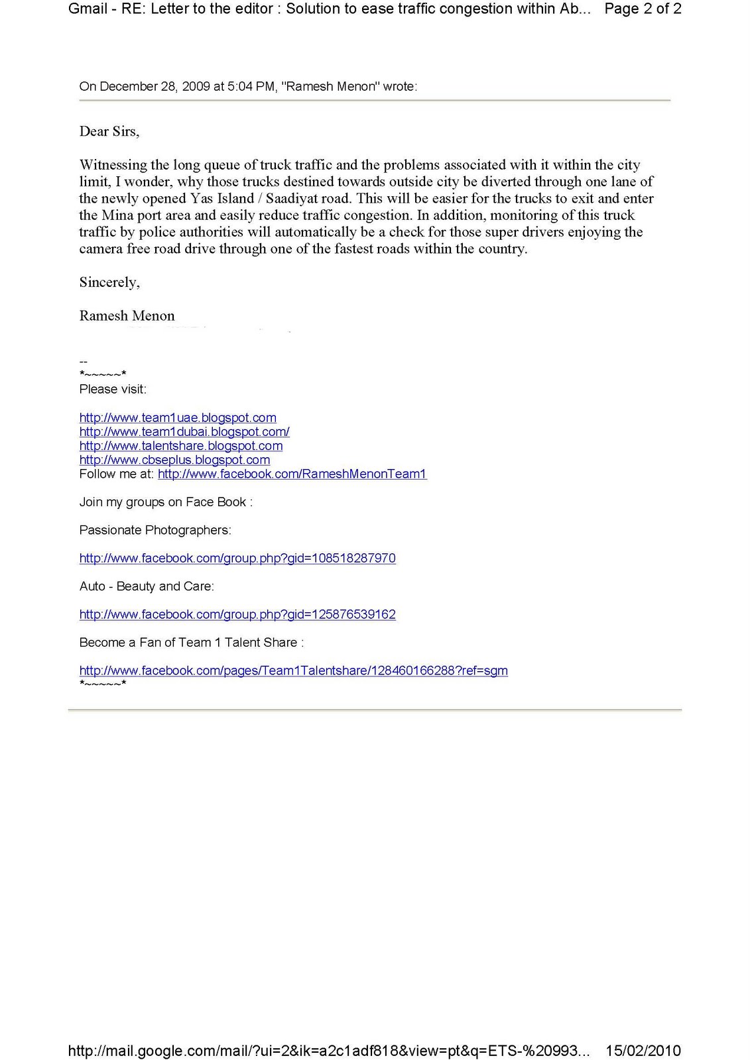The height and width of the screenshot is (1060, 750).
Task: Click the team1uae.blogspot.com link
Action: point(178,418)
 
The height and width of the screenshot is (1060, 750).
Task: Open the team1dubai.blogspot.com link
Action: point(184,432)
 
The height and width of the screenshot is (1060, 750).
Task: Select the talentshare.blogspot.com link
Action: point(181,446)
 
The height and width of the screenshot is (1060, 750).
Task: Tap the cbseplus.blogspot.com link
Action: point(174,460)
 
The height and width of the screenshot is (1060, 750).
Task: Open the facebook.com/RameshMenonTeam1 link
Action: point(292,474)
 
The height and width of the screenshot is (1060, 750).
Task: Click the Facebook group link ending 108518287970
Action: point(237,558)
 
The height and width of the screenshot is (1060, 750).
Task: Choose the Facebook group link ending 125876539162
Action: point(237,615)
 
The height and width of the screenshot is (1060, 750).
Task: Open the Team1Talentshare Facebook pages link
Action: point(293,670)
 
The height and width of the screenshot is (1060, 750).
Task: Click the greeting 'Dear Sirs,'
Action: point(109,132)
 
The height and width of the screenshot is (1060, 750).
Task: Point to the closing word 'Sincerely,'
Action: point(109,282)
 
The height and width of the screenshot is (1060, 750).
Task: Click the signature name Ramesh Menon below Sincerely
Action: point(127,316)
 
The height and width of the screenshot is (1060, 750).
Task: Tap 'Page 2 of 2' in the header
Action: point(643,9)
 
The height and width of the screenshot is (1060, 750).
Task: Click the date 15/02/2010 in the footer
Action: point(643,1050)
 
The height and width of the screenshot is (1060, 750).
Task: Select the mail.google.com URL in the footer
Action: point(328,1050)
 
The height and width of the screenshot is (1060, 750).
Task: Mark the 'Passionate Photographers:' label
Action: point(155,530)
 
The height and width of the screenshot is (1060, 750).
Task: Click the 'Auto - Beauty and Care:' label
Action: point(147,586)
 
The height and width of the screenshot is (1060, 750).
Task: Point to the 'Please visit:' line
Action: point(113,390)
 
